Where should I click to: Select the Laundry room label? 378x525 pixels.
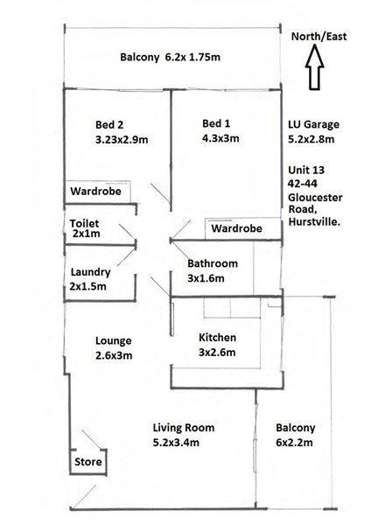(91, 272)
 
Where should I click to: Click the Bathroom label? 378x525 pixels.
(213, 263)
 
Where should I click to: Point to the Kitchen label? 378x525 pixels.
(217, 338)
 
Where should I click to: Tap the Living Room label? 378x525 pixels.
(183, 428)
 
